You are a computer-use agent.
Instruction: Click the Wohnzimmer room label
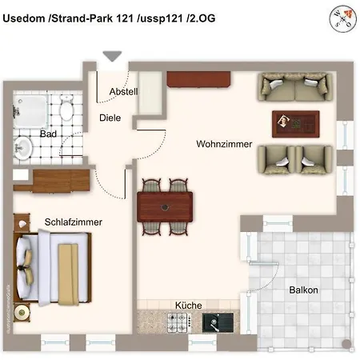tap(224, 145)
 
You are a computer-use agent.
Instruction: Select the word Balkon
tap(303, 290)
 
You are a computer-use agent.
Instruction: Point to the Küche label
tap(189, 306)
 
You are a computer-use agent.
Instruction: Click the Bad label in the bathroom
tap(48, 134)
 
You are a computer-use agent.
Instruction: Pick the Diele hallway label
tap(110, 118)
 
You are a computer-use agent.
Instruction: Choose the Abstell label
tap(124, 92)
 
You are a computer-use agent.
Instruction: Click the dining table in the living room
tap(166, 206)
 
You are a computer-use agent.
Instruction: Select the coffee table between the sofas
tap(295, 122)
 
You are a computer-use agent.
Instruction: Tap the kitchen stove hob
tap(177, 323)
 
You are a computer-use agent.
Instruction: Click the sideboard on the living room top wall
tap(199, 78)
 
